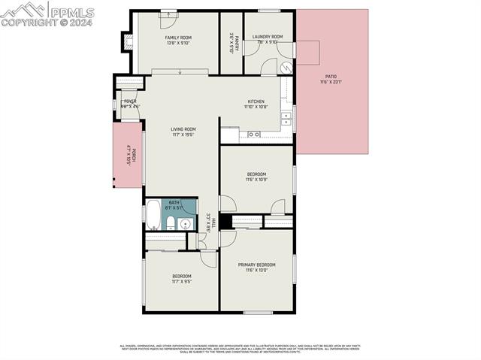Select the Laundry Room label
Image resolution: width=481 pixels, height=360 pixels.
(x=267, y=36)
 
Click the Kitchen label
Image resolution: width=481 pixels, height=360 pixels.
(x=256, y=101)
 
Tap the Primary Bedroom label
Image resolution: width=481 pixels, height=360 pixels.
(x=256, y=265)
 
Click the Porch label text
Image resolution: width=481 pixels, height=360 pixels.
(x=129, y=155)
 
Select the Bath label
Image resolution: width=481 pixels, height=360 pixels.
(x=174, y=202)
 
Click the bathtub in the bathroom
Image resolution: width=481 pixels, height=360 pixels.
(x=153, y=214)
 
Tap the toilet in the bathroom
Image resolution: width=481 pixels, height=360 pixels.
(x=171, y=222)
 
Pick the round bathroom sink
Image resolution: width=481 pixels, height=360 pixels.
(x=186, y=222)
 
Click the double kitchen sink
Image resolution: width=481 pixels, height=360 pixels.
(x=286, y=118)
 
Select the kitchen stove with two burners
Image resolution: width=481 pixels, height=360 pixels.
(x=254, y=135)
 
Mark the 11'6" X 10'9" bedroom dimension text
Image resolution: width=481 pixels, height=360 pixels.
(x=256, y=180)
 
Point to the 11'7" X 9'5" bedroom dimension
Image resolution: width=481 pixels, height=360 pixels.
(x=182, y=282)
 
